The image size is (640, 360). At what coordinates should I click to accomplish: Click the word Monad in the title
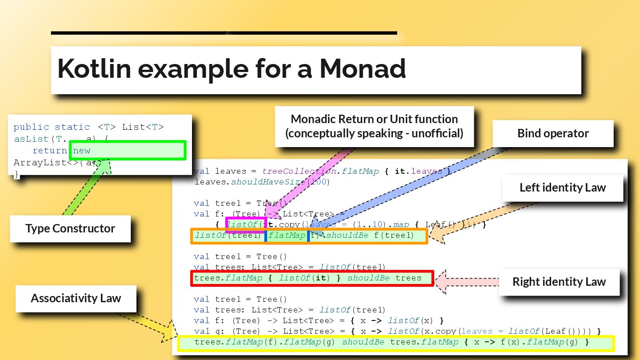click(x=362, y=69)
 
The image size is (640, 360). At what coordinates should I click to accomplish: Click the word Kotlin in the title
click(x=94, y=69)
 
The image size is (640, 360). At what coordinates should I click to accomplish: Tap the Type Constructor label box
click(x=70, y=228)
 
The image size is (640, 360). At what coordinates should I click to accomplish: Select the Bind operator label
click(x=553, y=133)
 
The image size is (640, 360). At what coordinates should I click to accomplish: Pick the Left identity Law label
click(x=562, y=188)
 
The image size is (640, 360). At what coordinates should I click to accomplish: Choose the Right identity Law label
click(x=559, y=282)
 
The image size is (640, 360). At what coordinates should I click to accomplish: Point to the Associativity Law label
click(x=76, y=298)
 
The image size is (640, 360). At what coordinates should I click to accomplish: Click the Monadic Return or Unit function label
click(x=374, y=126)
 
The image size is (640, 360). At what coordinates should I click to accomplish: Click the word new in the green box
click(x=82, y=151)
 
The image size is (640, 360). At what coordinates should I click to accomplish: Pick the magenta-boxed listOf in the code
click(x=246, y=225)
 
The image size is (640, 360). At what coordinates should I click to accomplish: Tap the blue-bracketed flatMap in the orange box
click(x=287, y=236)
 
